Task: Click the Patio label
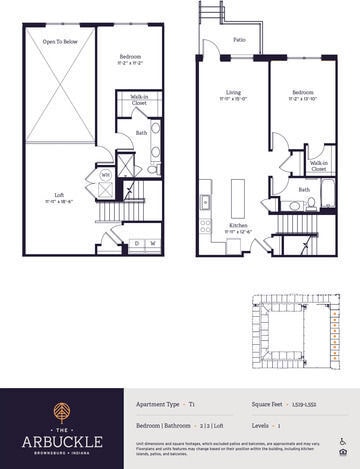pyautogui.click(x=240, y=40)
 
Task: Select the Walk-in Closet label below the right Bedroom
pyautogui.click(x=318, y=164)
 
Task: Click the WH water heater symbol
pyautogui.click(x=105, y=173)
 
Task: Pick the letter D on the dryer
pyautogui.click(x=137, y=242)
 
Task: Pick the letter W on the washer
pyautogui.click(x=152, y=242)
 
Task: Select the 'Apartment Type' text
pyautogui.click(x=158, y=403)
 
